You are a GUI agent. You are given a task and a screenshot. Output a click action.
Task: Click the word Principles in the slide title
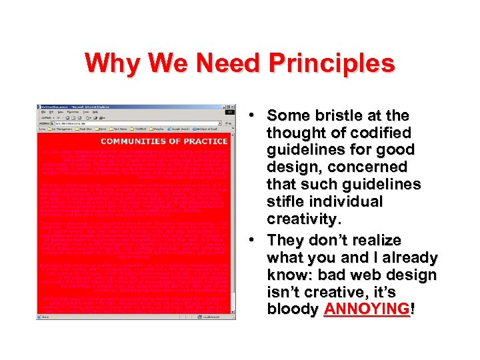(x=331, y=64)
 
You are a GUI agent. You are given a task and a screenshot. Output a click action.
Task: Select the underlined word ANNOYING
(x=367, y=309)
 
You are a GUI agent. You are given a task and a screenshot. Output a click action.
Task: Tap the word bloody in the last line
(x=293, y=309)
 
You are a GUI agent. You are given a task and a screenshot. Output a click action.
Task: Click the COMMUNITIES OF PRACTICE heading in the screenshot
(x=164, y=141)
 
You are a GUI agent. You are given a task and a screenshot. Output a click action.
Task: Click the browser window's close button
(x=231, y=107)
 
